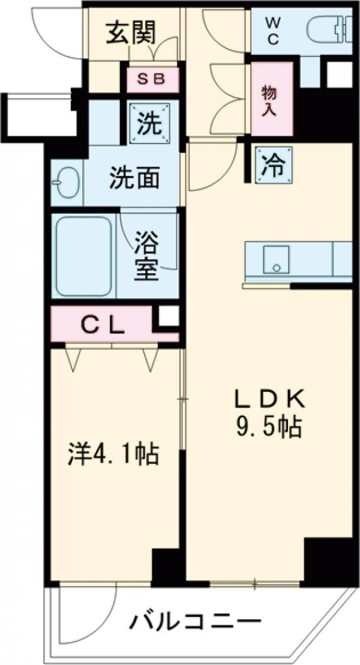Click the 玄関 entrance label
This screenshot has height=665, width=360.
tap(131, 32)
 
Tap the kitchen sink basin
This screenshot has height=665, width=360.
tap(274, 260)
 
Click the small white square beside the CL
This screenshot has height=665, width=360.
tap(169, 316)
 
